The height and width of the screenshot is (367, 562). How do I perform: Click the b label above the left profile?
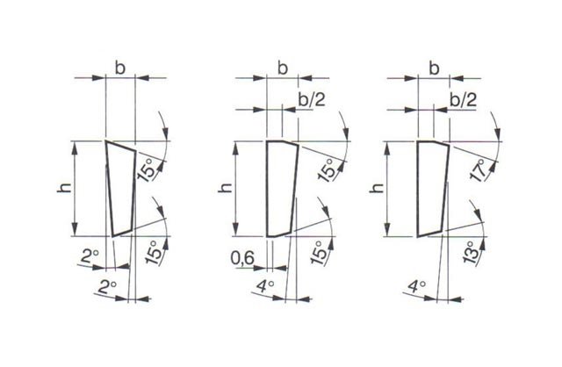point(120,68)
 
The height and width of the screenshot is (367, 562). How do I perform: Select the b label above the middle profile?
point(283,68)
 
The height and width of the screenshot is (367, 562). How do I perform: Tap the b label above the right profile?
point(434,68)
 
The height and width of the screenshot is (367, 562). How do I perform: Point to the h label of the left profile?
point(64,187)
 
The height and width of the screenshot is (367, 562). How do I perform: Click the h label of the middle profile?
point(226,187)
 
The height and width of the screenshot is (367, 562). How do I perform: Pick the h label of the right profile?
point(377,187)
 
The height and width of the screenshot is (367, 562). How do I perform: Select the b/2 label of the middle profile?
point(312,99)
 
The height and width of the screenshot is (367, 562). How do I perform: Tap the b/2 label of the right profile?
point(464,99)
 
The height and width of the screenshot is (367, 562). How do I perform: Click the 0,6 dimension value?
point(242,257)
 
